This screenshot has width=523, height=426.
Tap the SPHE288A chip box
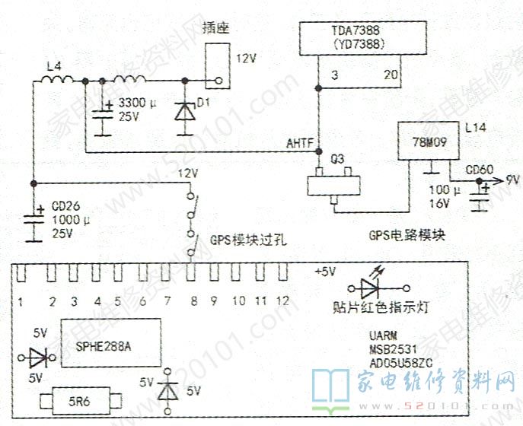pyautogui.click(x=110, y=345)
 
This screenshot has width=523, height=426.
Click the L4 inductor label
pyautogui.click(x=53, y=66)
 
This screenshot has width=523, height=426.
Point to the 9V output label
pyautogui.click(x=512, y=180)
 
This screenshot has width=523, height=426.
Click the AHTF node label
pyautogui.click(x=298, y=143)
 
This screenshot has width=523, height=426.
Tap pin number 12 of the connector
pyautogui.click(x=282, y=301)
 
